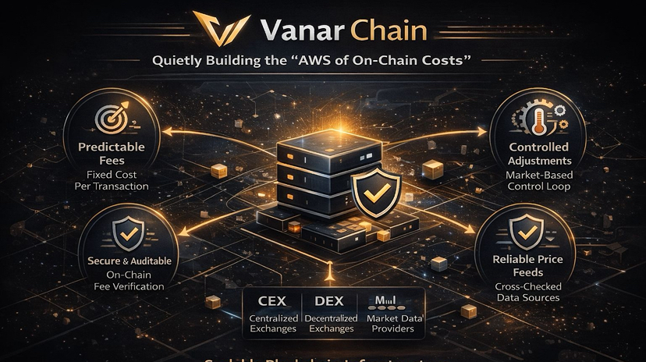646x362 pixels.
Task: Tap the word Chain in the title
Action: tap(389, 31)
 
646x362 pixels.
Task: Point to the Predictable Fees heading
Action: tap(114, 154)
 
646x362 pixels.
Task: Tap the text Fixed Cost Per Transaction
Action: tap(114, 180)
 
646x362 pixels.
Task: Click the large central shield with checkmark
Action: tap(376, 190)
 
